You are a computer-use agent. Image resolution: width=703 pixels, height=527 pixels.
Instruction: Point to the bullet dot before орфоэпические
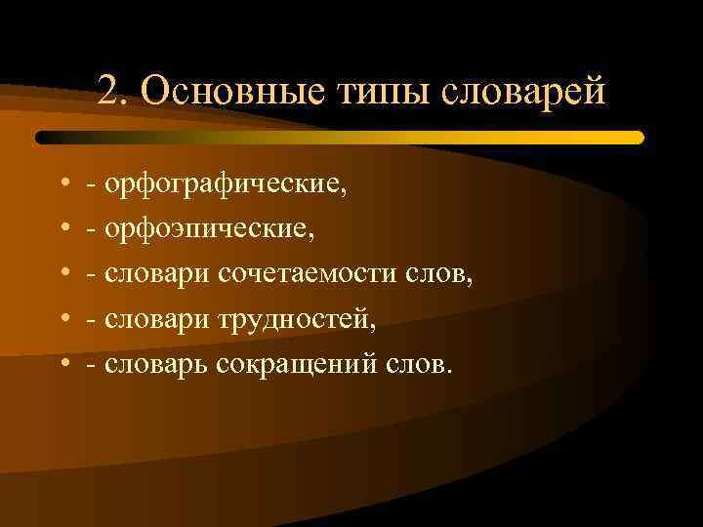point(62,229)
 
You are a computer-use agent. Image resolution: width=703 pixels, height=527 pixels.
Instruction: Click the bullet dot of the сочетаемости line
point(62,275)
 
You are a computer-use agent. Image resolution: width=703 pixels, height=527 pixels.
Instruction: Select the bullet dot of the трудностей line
point(62,320)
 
